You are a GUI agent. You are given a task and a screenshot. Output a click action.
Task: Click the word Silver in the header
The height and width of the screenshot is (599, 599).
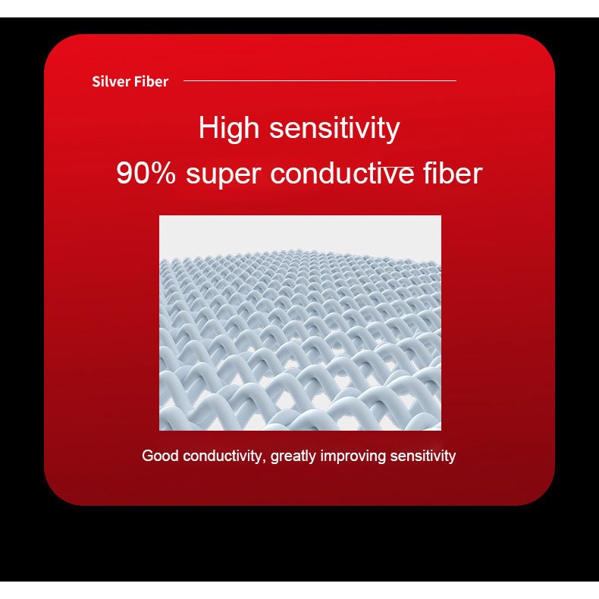tap(111, 81)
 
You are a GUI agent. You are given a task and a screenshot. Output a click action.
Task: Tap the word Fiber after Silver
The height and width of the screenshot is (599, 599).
tap(152, 81)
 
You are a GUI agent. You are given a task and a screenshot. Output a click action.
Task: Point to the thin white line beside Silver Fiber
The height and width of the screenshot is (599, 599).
tap(320, 80)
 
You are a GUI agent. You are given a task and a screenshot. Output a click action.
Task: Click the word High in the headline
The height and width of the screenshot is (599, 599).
tap(229, 128)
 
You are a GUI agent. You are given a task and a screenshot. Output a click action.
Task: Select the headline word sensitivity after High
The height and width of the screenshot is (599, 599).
tap(334, 128)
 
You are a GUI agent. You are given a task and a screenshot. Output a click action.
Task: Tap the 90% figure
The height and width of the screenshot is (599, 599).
tap(146, 174)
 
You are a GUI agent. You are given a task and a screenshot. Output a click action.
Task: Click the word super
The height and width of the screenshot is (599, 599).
tap(223, 175)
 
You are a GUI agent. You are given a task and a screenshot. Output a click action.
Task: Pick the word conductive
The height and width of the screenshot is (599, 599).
tap(342, 174)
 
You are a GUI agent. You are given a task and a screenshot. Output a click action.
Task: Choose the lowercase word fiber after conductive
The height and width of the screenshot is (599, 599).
tap(453, 173)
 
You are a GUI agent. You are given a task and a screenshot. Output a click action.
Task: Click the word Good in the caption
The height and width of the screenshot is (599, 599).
tap(160, 456)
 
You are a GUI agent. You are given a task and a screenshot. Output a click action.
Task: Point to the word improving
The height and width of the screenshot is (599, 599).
tap(353, 456)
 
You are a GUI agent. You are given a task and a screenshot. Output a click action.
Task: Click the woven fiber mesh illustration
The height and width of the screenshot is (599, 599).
tap(300, 323)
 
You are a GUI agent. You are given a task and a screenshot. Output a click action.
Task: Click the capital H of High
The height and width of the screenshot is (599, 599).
tap(209, 127)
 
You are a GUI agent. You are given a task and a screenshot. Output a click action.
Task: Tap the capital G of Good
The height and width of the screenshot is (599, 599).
tap(147, 456)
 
